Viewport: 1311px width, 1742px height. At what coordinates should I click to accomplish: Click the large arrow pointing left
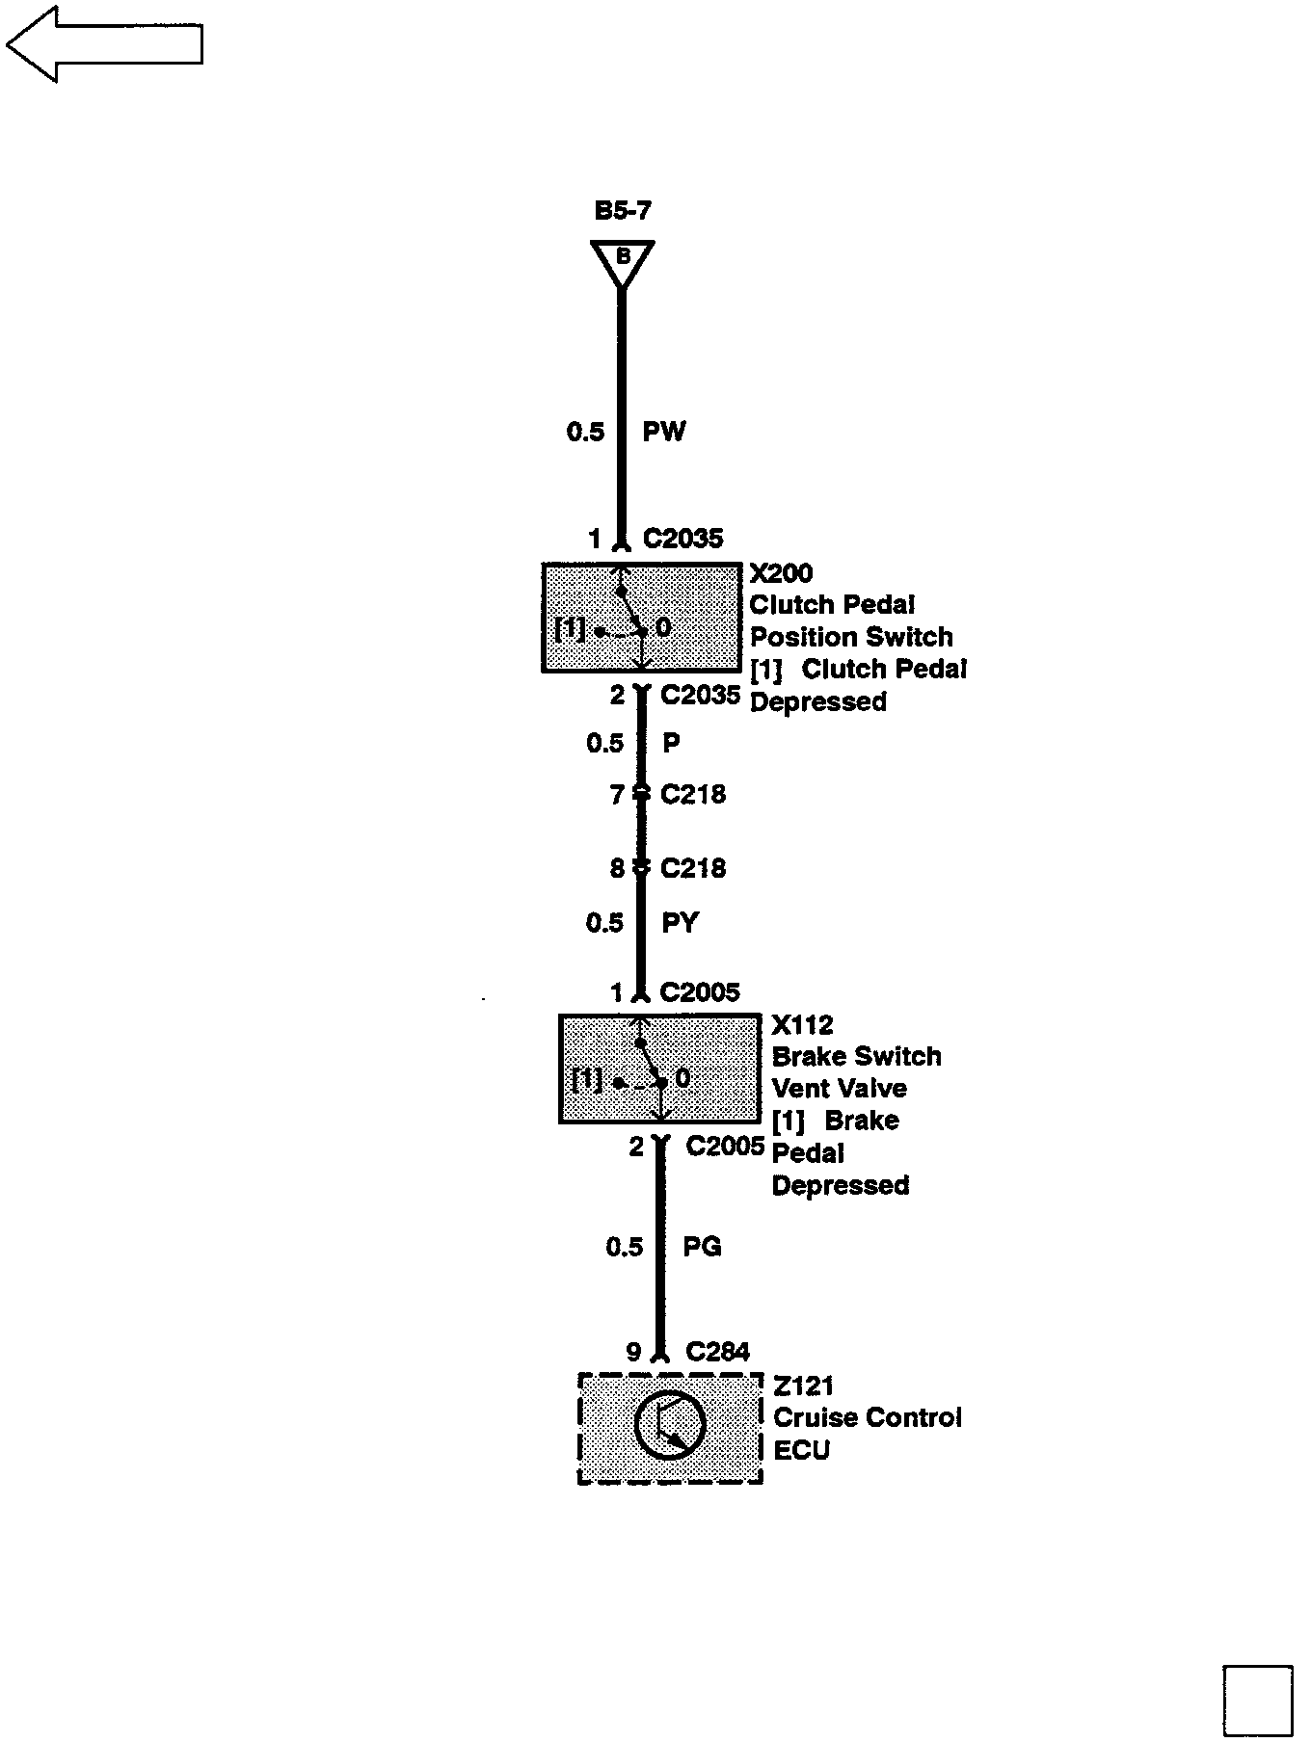coord(103,44)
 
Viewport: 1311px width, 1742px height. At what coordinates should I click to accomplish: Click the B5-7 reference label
coord(623,211)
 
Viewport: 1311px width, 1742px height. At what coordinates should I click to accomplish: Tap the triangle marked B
coord(623,259)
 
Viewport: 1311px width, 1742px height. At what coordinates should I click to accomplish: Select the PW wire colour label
coord(664,431)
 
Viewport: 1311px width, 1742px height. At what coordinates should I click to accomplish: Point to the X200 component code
coord(781,573)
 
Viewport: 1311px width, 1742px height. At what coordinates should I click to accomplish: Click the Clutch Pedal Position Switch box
coord(641,618)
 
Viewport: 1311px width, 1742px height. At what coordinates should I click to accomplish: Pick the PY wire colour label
coord(680,923)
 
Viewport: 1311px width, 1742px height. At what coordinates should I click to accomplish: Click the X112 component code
coord(802,1024)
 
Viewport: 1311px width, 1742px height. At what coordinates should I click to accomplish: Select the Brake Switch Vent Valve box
coord(658,1069)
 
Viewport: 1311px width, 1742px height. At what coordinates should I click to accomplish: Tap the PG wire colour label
coord(702,1247)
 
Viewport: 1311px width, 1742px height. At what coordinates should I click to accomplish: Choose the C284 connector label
coord(717,1353)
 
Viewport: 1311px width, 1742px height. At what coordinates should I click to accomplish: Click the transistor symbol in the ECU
coord(671,1426)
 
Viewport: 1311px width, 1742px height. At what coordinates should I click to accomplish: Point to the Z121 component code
coord(803,1386)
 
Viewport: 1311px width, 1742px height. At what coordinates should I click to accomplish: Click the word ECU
coord(802,1450)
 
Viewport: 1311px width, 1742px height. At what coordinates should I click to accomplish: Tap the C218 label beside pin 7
coord(693,795)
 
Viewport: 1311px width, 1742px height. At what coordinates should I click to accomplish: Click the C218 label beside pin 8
coord(693,868)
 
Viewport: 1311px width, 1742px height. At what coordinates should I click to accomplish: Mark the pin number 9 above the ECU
coord(633,1353)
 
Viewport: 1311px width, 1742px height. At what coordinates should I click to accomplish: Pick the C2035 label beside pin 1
coord(682,539)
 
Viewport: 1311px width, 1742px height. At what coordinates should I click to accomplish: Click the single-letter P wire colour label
coord(671,743)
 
